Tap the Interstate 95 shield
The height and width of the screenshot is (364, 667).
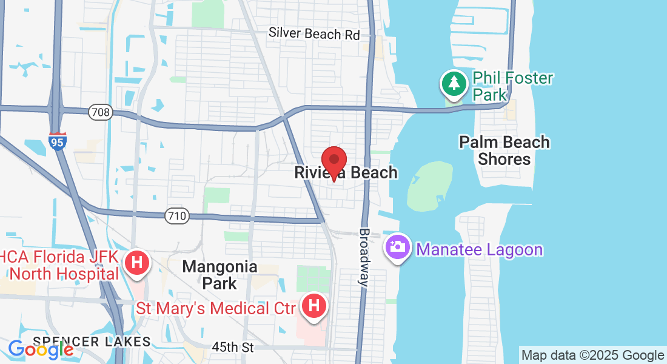(x=58, y=141)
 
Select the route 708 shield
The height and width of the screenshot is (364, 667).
(x=99, y=112)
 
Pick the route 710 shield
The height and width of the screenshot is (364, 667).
(x=176, y=215)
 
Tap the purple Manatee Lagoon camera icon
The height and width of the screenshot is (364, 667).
(x=398, y=249)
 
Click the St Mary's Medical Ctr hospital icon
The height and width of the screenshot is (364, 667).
(x=314, y=307)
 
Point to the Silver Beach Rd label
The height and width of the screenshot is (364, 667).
(x=314, y=33)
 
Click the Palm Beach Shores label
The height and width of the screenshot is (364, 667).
(x=504, y=150)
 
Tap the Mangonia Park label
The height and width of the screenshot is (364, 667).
(x=220, y=275)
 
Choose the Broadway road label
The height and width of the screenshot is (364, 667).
(x=364, y=257)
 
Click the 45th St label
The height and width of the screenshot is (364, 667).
(x=233, y=348)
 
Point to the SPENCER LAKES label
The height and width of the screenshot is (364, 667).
(x=92, y=341)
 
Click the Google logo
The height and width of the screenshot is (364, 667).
(x=41, y=349)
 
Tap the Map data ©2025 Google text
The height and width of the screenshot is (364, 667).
(x=592, y=356)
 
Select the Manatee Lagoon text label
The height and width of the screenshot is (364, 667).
(x=479, y=249)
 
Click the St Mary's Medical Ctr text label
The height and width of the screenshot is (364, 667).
(x=216, y=308)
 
